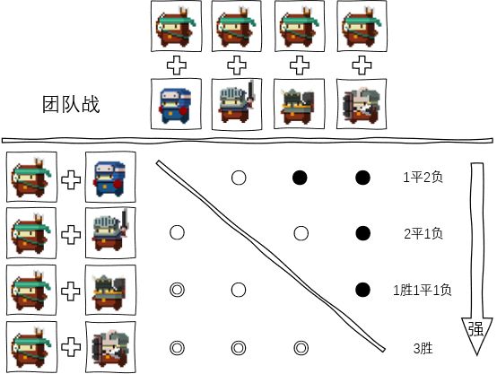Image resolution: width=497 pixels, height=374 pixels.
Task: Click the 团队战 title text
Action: (x=71, y=105)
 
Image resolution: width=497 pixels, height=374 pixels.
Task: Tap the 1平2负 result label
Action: (x=423, y=178)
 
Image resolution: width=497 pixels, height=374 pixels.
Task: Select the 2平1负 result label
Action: (x=423, y=234)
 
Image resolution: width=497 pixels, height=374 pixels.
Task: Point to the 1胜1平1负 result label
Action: (x=423, y=290)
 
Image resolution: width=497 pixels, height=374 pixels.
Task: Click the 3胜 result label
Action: (x=423, y=348)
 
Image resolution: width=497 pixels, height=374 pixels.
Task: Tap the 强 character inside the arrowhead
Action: (x=476, y=329)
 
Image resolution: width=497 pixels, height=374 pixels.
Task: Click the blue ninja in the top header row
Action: (x=176, y=105)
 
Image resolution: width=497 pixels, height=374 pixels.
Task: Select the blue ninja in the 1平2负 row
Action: (x=110, y=178)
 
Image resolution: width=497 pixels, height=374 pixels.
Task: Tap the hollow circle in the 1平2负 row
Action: (x=239, y=178)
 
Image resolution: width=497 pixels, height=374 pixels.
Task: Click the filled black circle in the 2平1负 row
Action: (x=363, y=233)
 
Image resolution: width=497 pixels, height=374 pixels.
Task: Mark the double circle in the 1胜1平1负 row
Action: (x=178, y=290)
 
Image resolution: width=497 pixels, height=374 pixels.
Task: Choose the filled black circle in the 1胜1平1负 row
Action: (x=363, y=290)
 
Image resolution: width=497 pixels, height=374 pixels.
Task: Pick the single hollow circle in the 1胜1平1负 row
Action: (x=239, y=290)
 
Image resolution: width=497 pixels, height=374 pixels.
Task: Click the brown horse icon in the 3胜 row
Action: (x=31, y=346)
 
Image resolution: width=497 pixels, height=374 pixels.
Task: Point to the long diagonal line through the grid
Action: (x=270, y=257)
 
